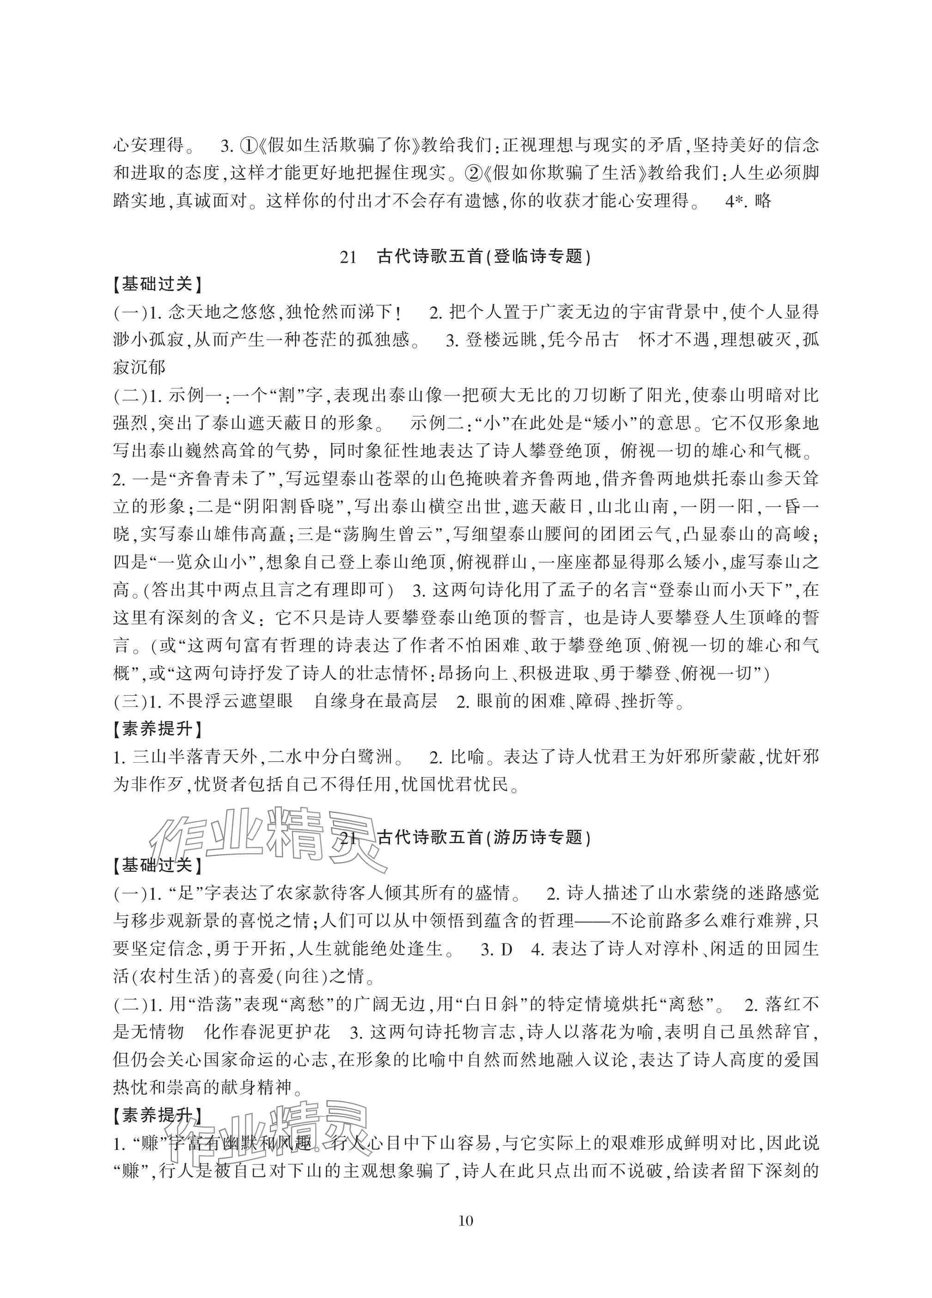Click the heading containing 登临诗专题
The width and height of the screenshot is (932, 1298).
tap(465, 256)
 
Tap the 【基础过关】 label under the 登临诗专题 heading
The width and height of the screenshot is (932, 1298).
tap(158, 284)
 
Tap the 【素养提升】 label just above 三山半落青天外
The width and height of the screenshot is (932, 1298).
tap(158, 729)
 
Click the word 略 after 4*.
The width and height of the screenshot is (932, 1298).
tap(763, 201)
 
